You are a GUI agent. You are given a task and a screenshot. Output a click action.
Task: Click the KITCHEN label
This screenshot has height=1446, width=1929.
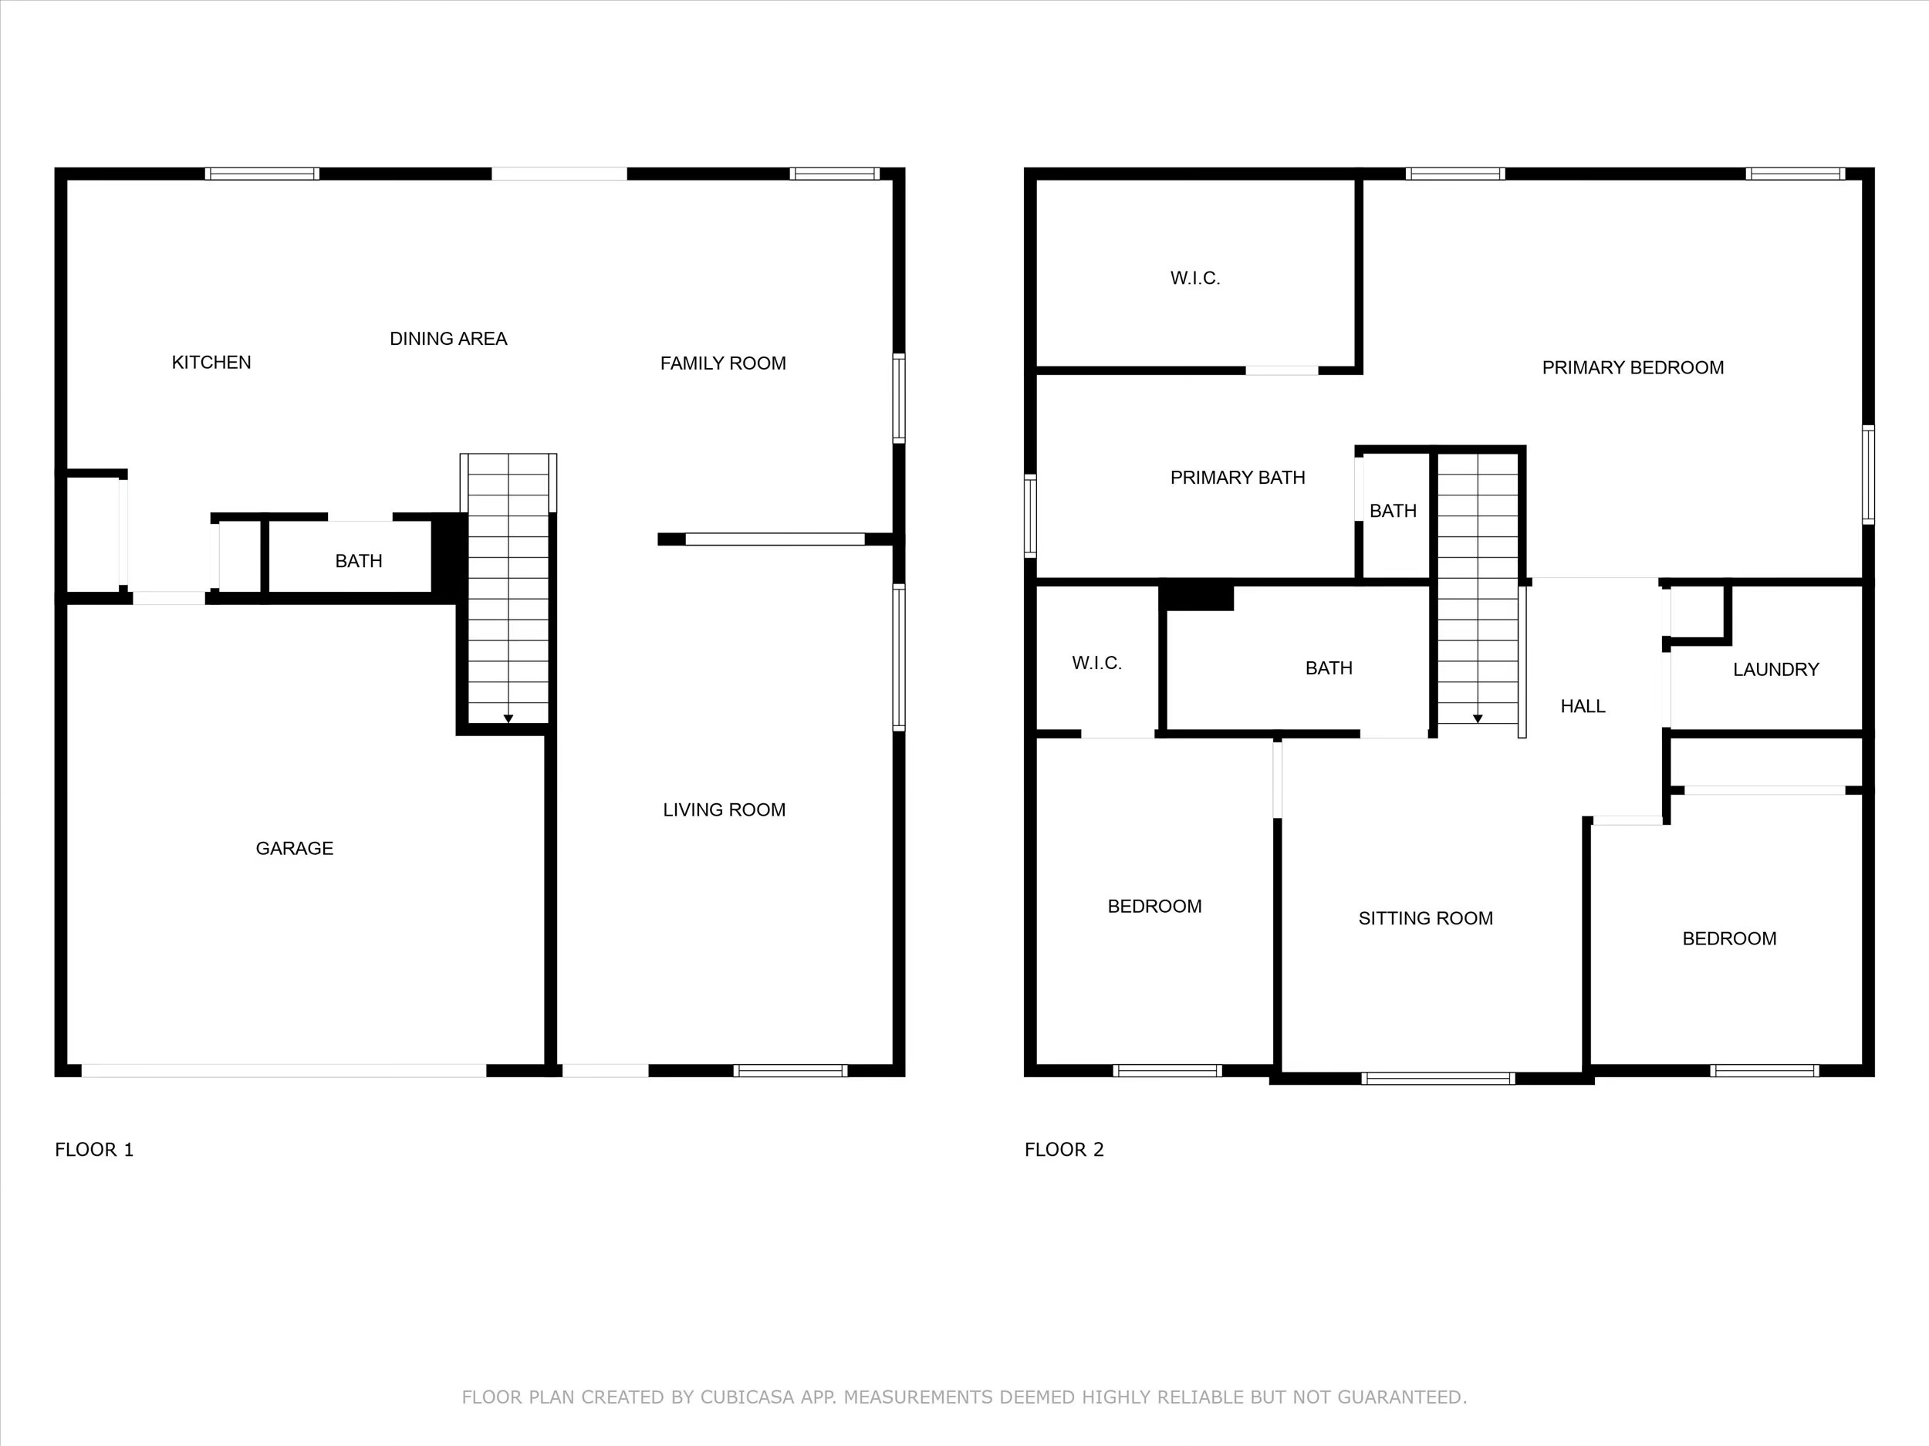211,362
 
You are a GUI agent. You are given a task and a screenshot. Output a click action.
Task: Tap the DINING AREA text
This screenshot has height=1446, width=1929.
448,339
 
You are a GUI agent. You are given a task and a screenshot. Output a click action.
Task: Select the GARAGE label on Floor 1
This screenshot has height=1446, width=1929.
294,848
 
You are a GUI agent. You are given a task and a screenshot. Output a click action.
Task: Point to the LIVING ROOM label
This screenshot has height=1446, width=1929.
724,809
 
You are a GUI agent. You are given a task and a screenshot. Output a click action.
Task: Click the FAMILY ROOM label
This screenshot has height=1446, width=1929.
723,363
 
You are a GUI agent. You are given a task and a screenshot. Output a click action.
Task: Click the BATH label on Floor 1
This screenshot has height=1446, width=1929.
359,561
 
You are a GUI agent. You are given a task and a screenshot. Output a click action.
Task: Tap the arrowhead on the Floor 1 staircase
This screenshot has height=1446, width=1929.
508,718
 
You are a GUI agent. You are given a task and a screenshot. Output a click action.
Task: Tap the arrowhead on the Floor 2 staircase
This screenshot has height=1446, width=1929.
1478,718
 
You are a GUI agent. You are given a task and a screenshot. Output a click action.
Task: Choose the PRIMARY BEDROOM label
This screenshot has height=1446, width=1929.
1633,367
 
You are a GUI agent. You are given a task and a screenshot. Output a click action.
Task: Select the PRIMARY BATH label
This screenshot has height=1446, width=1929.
1238,477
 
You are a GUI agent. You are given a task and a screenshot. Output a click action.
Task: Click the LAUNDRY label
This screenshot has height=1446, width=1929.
1775,669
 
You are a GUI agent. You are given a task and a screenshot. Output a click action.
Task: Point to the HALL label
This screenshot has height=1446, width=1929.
1582,705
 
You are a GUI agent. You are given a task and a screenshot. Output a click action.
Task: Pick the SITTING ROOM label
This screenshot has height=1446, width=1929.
1425,917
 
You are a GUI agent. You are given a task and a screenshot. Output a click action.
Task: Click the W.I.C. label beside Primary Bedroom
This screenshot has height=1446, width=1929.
1194,277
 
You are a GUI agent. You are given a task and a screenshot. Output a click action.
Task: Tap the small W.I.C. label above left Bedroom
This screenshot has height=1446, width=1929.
1096,663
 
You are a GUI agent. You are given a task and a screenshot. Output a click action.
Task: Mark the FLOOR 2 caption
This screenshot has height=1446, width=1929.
1064,1150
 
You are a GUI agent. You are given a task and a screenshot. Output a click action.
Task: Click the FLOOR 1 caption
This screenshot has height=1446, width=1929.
94,1150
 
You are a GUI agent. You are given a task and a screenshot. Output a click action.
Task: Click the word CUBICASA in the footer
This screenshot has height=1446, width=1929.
748,1397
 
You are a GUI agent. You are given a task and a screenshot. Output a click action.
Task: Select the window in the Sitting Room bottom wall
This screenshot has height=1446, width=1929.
1437,1079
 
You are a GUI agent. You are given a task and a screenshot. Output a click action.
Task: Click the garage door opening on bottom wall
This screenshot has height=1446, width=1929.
283,1070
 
